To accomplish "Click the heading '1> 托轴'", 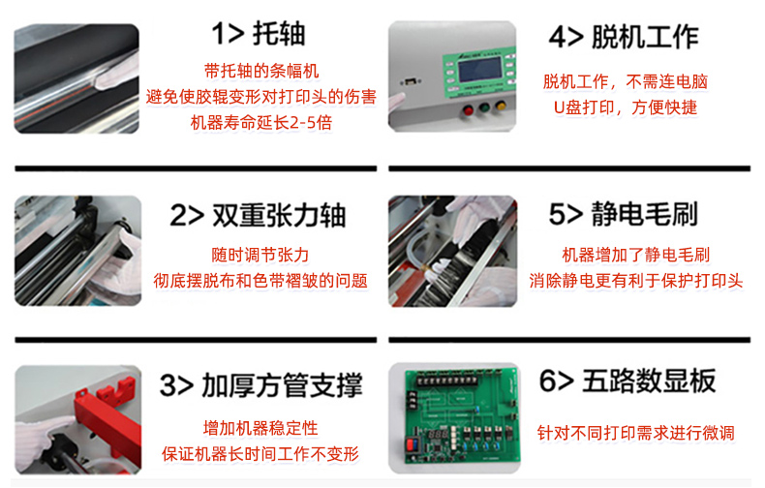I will pyautogui.click(x=259, y=35).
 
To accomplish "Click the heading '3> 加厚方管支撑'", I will pyautogui.click(x=261, y=386).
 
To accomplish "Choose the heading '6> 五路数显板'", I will pyautogui.click(x=627, y=381).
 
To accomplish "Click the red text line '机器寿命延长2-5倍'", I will pyautogui.click(x=261, y=122).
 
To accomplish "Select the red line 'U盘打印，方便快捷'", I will pyautogui.click(x=625, y=107).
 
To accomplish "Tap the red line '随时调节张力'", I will pyautogui.click(x=260, y=256).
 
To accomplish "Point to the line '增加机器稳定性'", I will pyautogui.click(x=260, y=428).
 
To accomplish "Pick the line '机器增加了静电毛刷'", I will pyautogui.click(x=636, y=256).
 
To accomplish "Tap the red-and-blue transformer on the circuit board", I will pyautogui.click(x=413, y=447).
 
